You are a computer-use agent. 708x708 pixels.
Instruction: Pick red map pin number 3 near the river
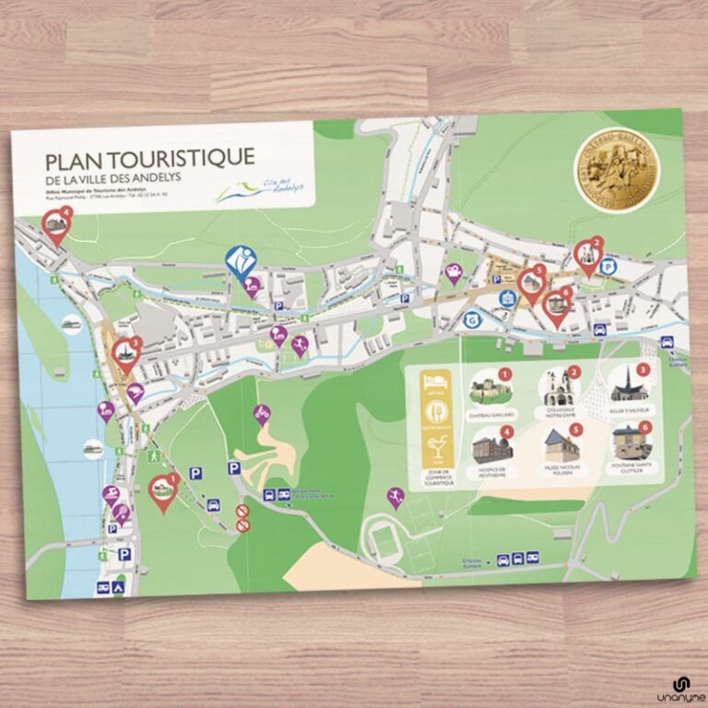click(x=125, y=352)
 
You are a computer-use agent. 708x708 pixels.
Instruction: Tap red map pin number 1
click(x=163, y=490)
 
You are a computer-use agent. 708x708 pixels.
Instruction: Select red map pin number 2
click(x=587, y=255)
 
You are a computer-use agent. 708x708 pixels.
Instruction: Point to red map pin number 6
click(x=556, y=304)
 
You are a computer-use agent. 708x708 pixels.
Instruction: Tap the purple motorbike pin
click(x=262, y=414)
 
